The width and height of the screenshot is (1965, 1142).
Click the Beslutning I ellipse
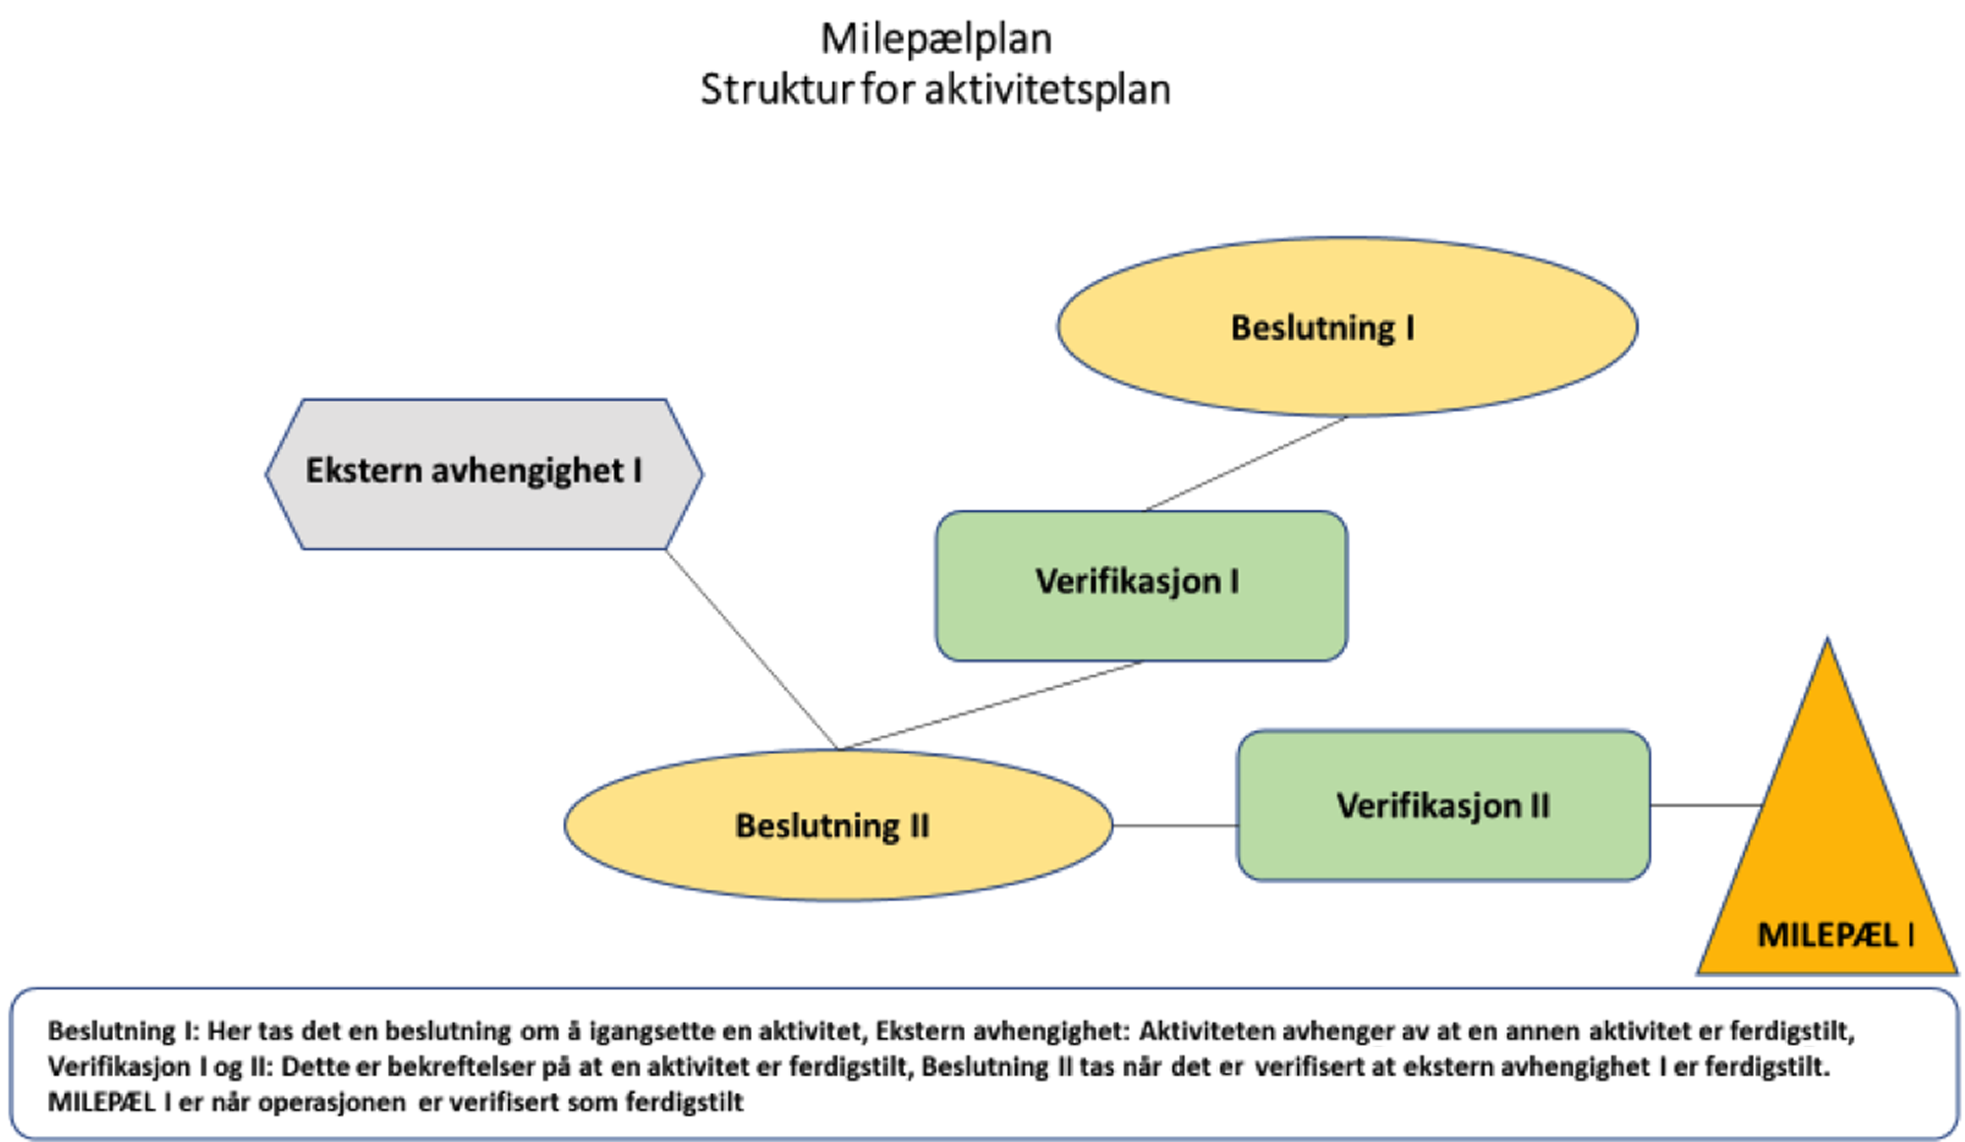pyautogui.click(x=1347, y=326)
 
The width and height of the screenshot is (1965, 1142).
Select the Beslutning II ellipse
pyautogui.click(x=838, y=825)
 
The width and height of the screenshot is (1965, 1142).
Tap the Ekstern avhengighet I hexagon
pyautogui.click(x=484, y=474)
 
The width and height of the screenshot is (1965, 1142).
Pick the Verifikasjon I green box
pyautogui.click(x=1141, y=586)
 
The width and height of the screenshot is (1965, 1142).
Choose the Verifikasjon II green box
pyautogui.click(x=1443, y=805)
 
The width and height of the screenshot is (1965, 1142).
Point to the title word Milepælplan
pyautogui.click(x=936, y=39)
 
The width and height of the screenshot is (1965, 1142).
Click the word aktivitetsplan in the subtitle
pyautogui.click(x=1047, y=89)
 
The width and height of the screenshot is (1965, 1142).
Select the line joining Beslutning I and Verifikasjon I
pyautogui.click(x=1246, y=463)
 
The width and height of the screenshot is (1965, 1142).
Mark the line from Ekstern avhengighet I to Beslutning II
pyautogui.click(x=752, y=649)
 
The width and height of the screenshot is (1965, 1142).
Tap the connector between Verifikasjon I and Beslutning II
pyautogui.click(x=990, y=705)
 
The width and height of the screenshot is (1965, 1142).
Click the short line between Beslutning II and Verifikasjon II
pyautogui.click(x=1175, y=826)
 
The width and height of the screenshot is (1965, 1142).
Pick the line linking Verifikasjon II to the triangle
pyautogui.click(x=1706, y=805)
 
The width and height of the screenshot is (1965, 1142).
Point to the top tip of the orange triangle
pyautogui.click(x=1827, y=638)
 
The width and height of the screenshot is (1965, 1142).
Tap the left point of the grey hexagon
pyautogui.click(x=266, y=474)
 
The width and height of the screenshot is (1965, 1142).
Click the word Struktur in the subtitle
pyautogui.click(x=777, y=89)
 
